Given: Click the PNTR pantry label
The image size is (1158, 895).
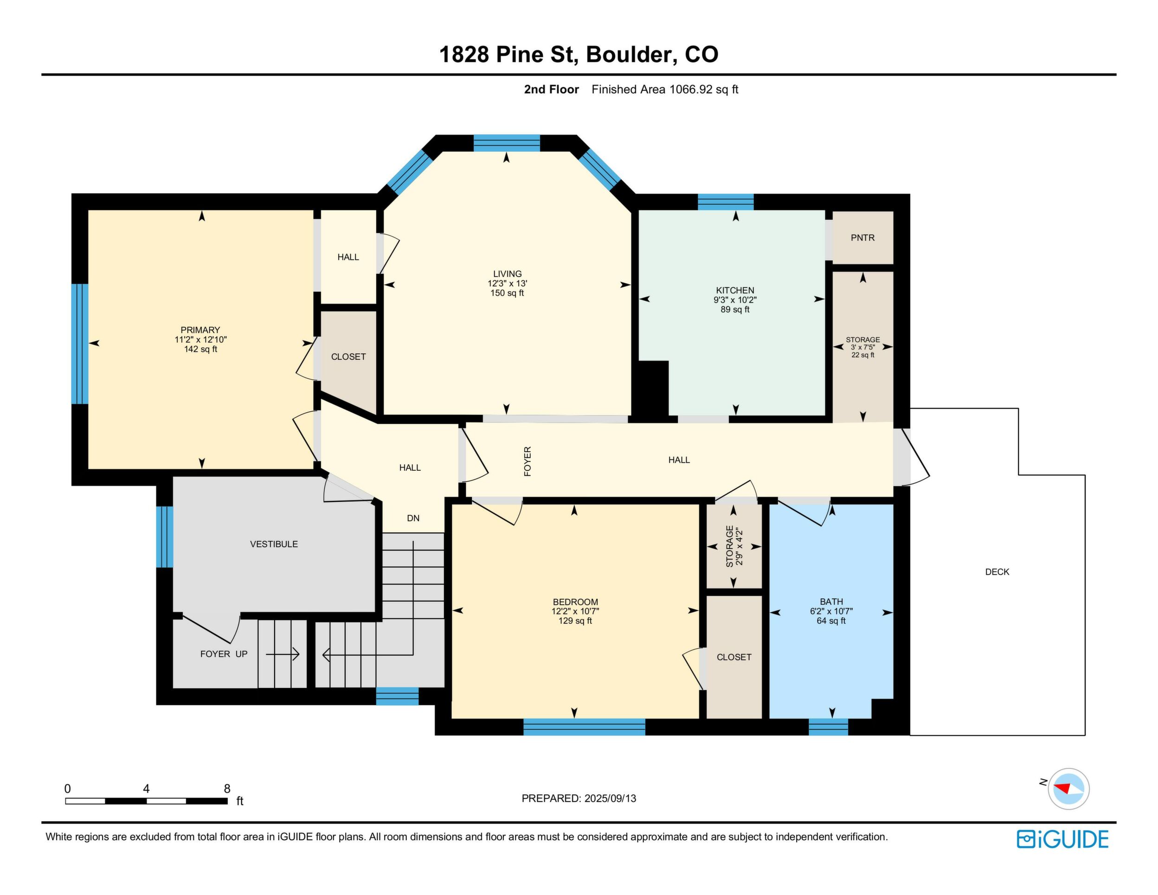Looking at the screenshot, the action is [862, 238].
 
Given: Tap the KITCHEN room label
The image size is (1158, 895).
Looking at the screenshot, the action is [735, 290].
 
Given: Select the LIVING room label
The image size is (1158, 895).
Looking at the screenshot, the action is [508, 274].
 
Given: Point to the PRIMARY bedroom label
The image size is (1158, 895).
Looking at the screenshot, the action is [200, 330].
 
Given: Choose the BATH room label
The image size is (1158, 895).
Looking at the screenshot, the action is [831, 602].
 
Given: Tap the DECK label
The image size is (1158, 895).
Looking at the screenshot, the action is [997, 571].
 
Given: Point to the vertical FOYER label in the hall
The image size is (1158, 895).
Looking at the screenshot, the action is [528, 461].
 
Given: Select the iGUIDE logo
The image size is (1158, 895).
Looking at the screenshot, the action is [1062, 839].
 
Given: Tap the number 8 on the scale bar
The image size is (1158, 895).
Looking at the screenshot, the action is [227, 788].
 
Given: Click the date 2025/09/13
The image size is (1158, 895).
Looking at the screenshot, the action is [610, 798].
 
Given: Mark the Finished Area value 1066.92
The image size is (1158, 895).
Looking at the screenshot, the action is [690, 89].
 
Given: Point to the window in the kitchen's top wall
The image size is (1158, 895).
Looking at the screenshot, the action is [725, 202].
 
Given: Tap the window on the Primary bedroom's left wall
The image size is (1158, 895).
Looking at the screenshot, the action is [79, 344].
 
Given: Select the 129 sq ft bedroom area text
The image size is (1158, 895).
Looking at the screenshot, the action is [575, 621].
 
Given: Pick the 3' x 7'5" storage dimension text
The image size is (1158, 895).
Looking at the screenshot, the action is [862, 347].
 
